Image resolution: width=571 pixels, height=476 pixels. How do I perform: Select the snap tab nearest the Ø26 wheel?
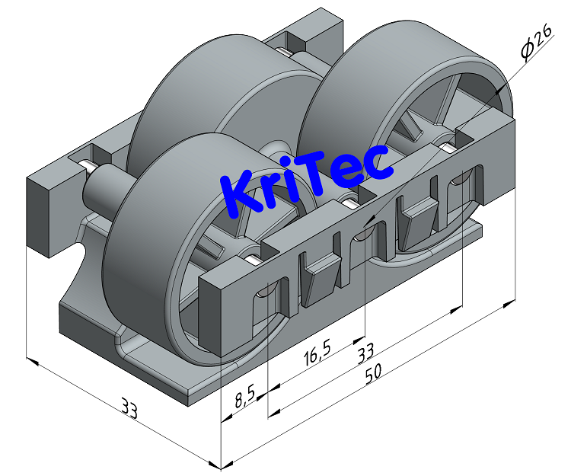[x=418, y=220]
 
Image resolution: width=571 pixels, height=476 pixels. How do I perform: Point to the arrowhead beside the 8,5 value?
[x=226, y=417]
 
